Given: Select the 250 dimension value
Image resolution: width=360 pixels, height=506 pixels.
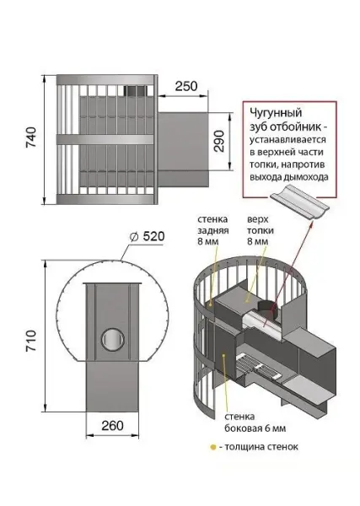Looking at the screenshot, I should (x=186, y=86).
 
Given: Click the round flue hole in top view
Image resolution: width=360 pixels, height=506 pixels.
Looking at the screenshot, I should (x=111, y=340).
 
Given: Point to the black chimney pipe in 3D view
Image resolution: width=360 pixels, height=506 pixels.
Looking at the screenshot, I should (x=266, y=308).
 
